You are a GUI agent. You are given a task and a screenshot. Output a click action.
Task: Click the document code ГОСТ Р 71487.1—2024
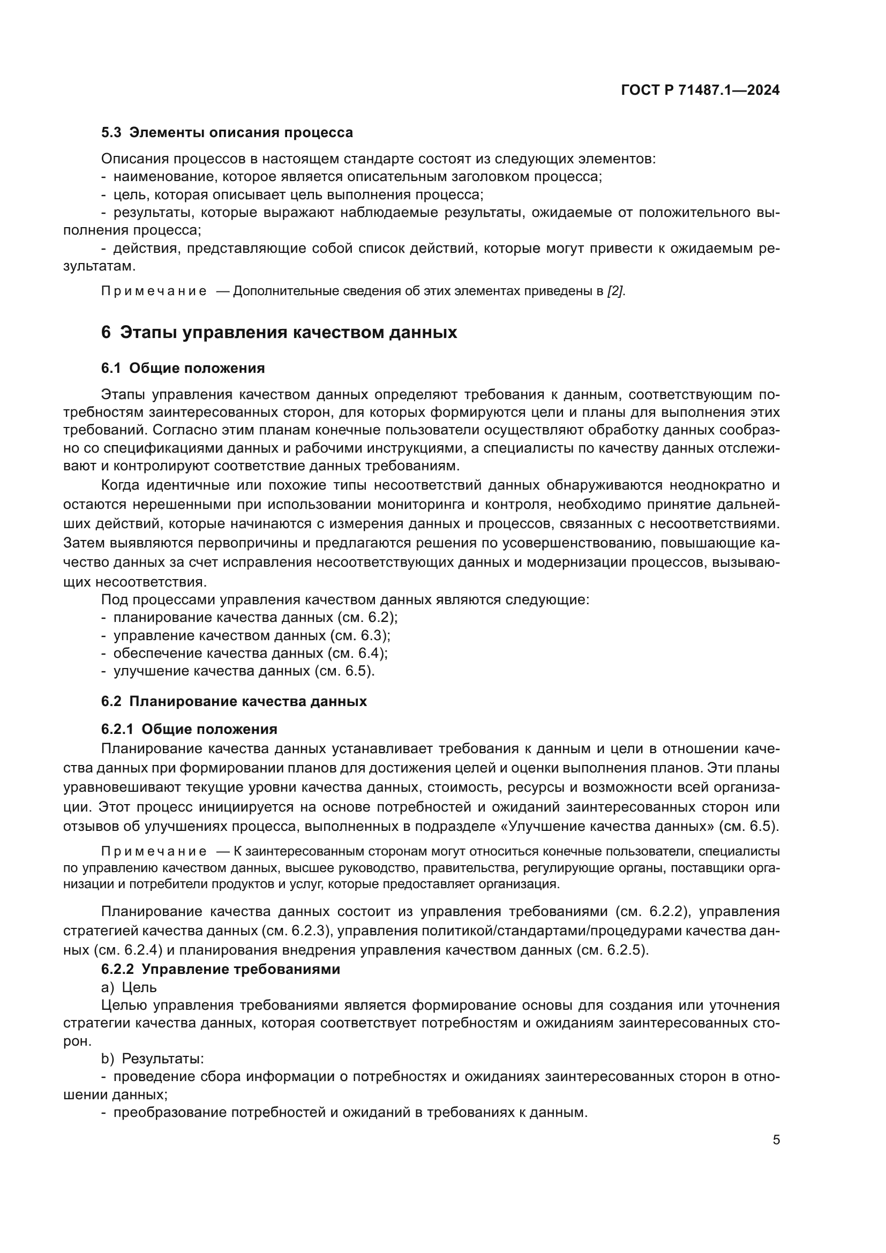pyautogui.click(x=700, y=91)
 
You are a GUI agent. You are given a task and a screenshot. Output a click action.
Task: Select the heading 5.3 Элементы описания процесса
pyautogui.click(x=227, y=133)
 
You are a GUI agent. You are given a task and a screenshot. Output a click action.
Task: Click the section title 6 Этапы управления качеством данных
pyautogui.click(x=279, y=332)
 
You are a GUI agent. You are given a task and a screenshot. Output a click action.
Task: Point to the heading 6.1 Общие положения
pyautogui.click(x=183, y=369)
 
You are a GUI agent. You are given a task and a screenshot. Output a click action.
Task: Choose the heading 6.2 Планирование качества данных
pyautogui.click(x=234, y=701)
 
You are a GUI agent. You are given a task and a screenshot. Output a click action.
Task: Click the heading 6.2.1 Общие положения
pyautogui.click(x=189, y=729)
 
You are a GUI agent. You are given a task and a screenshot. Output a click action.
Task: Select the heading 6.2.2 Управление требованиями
pyautogui.click(x=220, y=969)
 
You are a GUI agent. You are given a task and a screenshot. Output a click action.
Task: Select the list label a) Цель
pyautogui.click(x=129, y=987)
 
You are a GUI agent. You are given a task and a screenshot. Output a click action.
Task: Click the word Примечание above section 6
pyautogui.click(x=154, y=291)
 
